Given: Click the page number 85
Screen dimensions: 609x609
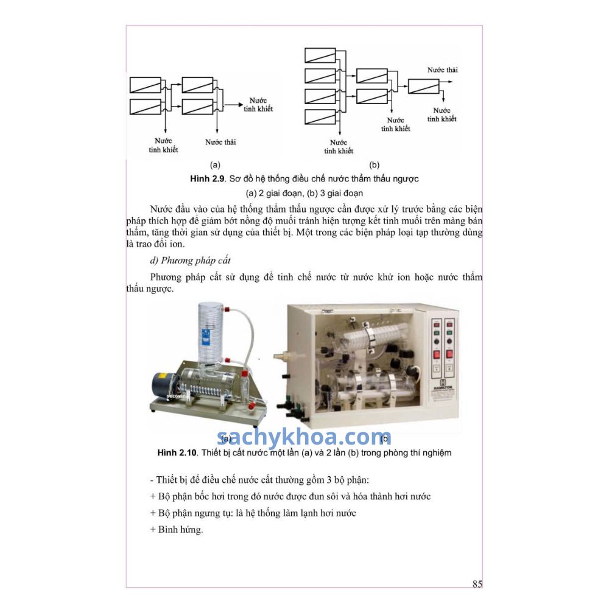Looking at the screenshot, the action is click(x=477, y=584).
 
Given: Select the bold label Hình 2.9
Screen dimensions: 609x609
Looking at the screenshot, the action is click(x=208, y=178).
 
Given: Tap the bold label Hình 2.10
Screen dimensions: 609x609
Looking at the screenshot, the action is click(x=177, y=452).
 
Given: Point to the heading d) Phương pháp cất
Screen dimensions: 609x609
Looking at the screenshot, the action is click(x=190, y=260).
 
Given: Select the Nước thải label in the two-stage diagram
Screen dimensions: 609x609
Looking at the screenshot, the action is click(x=220, y=142).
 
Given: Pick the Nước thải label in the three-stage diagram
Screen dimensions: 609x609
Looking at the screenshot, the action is click(x=442, y=70).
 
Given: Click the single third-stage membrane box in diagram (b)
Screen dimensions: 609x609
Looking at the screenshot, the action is click(x=423, y=86).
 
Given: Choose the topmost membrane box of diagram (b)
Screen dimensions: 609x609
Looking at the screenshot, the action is click(x=320, y=55).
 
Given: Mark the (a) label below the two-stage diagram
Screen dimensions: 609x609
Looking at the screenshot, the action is click(x=215, y=164).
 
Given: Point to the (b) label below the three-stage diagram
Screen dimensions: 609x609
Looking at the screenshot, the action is click(x=374, y=164).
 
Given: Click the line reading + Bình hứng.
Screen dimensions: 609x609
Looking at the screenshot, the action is click(x=177, y=529).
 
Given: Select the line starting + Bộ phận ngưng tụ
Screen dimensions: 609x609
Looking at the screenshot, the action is click(x=253, y=513).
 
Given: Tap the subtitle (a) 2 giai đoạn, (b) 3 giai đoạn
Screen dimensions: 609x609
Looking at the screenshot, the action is click(x=304, y=193).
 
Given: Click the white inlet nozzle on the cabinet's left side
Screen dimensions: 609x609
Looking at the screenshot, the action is click(x=280, y=356).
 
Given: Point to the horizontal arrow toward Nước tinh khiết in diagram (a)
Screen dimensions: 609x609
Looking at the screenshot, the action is click(x=234, y=105).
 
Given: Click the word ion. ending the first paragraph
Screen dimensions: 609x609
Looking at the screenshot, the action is click(x=177, y=244).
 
